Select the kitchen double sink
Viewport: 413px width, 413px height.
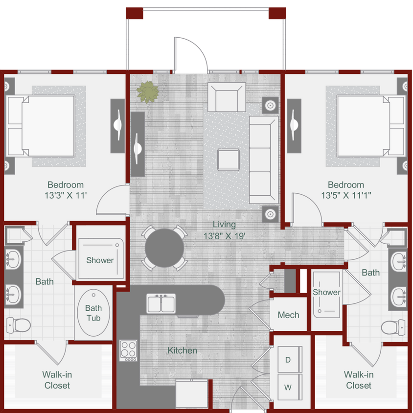pos(161,304)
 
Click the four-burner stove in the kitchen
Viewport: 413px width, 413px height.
pos(129,350)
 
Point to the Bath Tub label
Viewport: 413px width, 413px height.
pos(93,313)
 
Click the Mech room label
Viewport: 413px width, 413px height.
pos(288,315)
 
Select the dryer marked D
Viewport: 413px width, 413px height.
pos(288,360)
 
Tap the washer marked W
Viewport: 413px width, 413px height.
pos(288,387)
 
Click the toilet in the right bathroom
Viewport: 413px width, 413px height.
pos(394,326)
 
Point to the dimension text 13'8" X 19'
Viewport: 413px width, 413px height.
pos(224,236)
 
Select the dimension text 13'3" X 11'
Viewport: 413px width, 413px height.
pos(66,196)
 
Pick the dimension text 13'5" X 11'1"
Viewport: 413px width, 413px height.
pos(346,196)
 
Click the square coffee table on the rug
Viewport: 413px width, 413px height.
pos(229,160)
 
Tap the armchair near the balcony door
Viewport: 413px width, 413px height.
pos(226,97)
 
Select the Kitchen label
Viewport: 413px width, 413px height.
pos(183,350)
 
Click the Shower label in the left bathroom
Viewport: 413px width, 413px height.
pos(100,260)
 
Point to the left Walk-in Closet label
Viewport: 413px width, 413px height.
pos(57,380)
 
